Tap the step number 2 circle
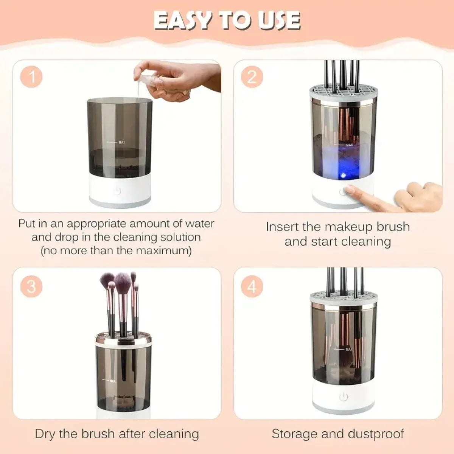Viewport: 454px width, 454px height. pyautogui.click(x=252, y=77)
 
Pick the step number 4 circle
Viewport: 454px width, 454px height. pyautogui.click(x=252, y=286)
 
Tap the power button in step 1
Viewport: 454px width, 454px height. pyautogui.click(x=117, y=191)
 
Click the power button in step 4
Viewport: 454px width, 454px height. pyautogui.click(x=344, y=397)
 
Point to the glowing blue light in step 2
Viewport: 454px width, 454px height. pyautogui.click(x=342, y=175)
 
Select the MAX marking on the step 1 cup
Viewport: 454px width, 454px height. pyautogui.click(x=121, y=143)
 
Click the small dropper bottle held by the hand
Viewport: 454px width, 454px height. pyautogui.click(x=146, y=81)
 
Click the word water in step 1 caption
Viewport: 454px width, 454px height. pyautogui.click(x=199, y=224)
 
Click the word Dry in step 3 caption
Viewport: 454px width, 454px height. pyautogui.click(x=45, y=433)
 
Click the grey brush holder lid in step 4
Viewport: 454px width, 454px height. pyautogui.click(x=343, y=296)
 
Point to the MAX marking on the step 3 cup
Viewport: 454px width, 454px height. pyautogui.click(x=112, y=381)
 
